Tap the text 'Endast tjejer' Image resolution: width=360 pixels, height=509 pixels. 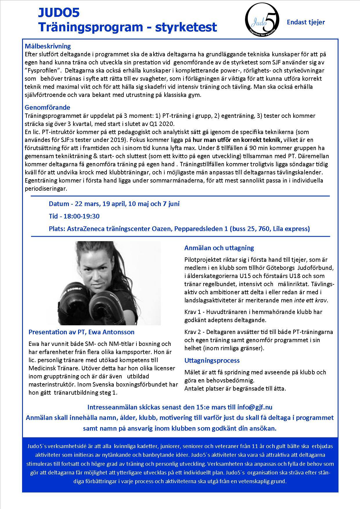coord(306,22)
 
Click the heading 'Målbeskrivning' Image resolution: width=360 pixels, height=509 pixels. coord(48,46)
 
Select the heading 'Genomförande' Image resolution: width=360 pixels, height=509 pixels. coord(47,107)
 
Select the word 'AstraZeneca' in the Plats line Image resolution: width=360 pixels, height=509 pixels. coord(84,229)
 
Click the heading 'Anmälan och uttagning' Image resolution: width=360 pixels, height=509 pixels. coord(219,248)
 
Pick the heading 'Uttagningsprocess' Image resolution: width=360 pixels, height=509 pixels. coord(212,360)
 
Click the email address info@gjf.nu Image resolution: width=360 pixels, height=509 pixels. coord(255,407)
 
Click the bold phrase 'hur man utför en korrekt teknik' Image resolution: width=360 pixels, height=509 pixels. coord(238,140)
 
